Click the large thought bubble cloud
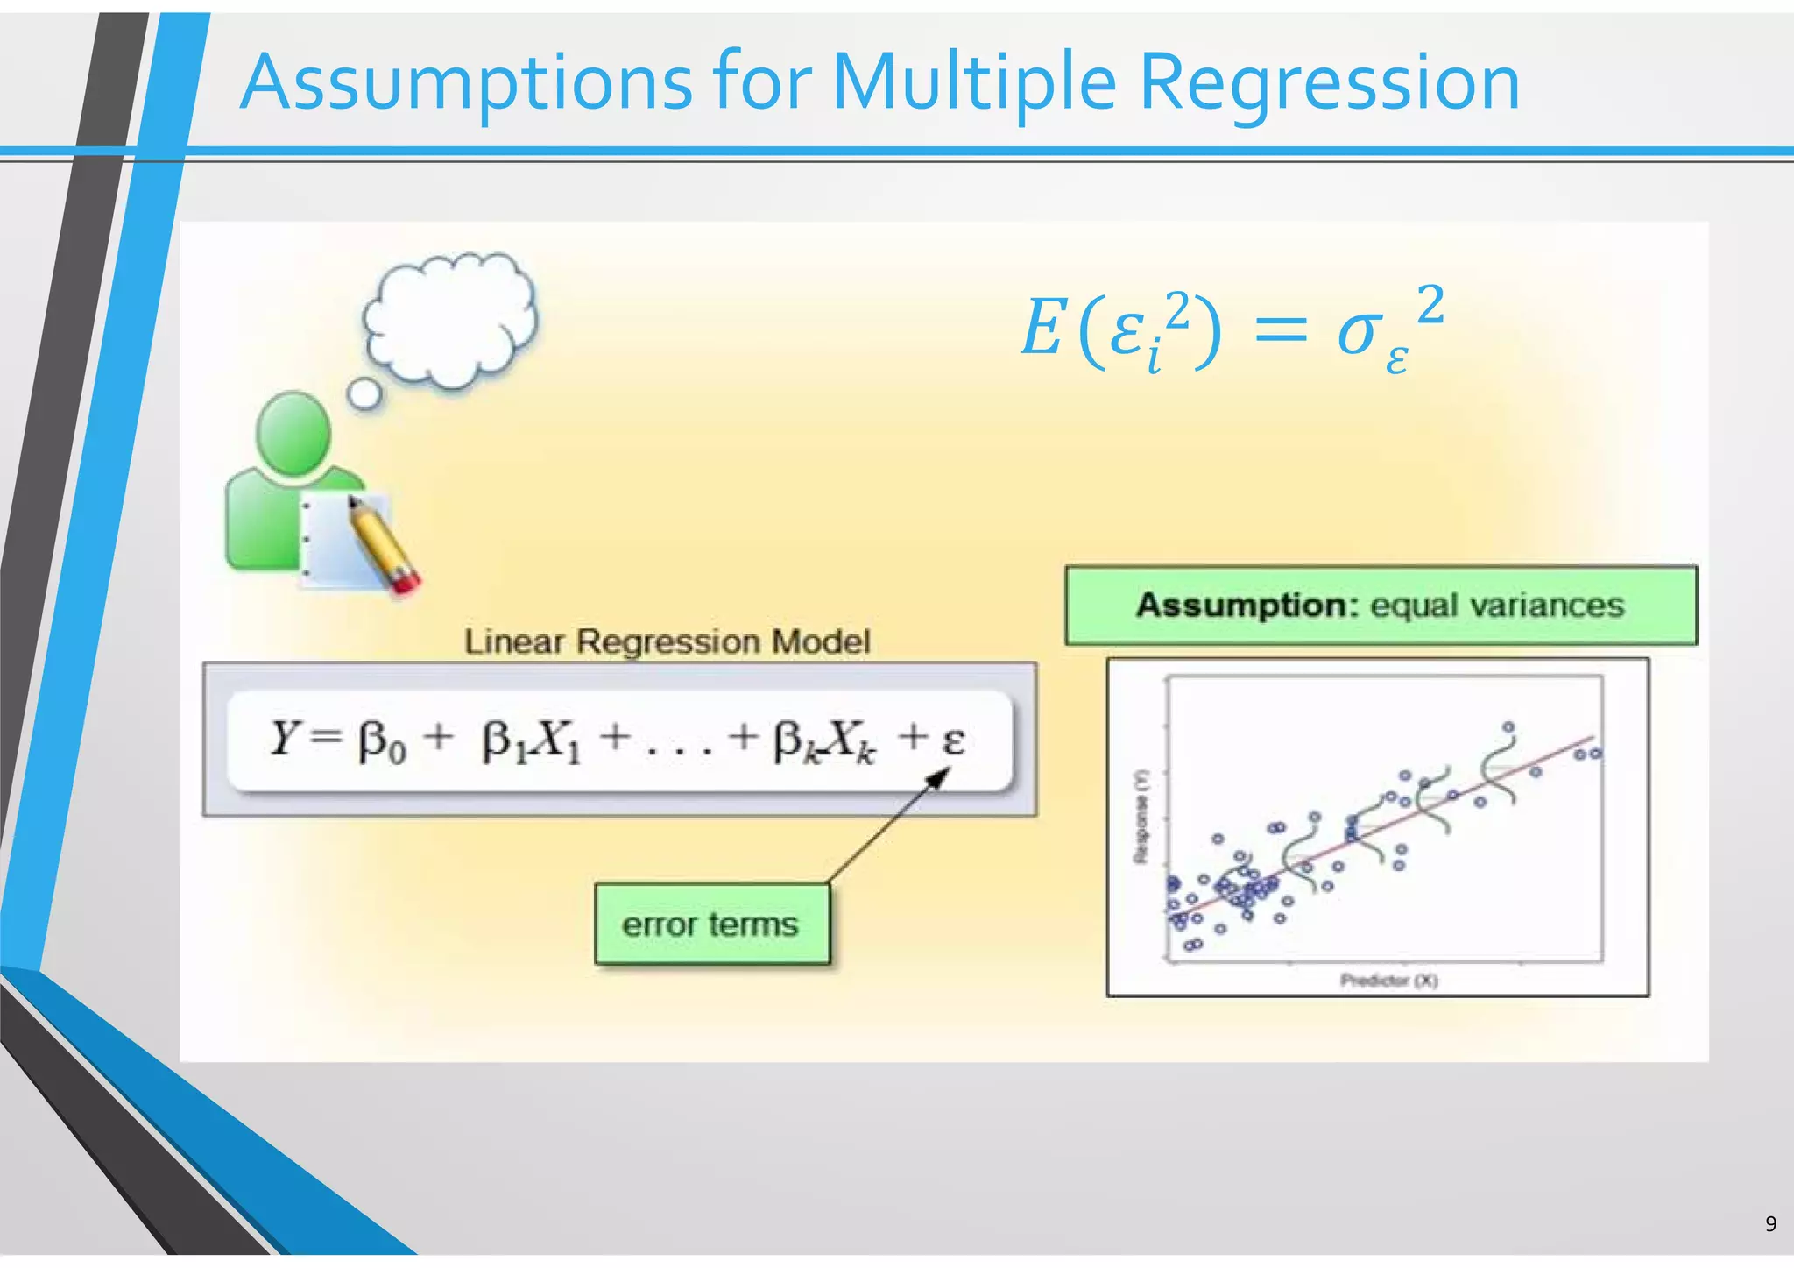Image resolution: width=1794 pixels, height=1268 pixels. (451, 320)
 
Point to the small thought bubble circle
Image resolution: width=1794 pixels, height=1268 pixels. (364, 394)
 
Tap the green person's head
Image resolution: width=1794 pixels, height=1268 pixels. (293, 434)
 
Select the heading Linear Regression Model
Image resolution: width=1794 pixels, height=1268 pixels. (667, 641)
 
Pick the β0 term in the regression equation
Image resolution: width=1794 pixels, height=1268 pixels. (382, 742)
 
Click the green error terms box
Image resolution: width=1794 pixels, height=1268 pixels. (711, 924)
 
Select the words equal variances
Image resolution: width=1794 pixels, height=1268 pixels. (1497, 605)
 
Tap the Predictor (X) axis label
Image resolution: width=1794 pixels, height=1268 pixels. (1388, 981)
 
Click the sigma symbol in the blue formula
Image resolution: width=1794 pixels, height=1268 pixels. (1360, 333)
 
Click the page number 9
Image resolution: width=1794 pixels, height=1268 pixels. (1770, 1224)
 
